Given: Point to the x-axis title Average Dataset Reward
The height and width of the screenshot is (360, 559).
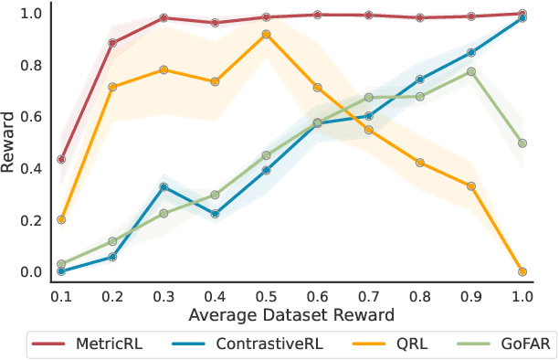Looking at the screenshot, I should [291, 315].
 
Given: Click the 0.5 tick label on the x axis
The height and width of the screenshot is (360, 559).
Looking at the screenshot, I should [266, 297].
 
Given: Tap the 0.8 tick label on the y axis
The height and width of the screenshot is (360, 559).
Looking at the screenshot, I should [31, 65].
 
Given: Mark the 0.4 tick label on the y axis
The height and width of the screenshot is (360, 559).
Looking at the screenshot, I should [31, 168].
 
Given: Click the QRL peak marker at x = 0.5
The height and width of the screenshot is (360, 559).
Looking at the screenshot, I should [266, 34].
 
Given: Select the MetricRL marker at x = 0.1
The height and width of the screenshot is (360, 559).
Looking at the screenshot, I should [61, 159].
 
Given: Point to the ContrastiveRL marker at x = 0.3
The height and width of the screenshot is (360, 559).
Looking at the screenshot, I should [163, 186].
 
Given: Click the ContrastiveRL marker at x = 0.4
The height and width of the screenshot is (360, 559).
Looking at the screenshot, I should [215, 214].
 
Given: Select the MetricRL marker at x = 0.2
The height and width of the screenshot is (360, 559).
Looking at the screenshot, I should [112, 43].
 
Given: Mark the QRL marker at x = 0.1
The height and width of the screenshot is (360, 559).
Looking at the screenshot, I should [61, 219].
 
